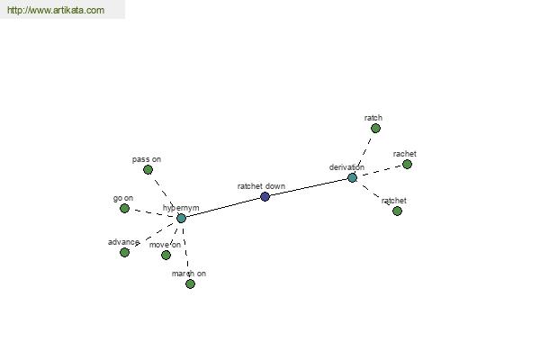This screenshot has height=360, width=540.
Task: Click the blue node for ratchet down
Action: point(265,197)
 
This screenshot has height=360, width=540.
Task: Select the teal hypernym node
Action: point(181,218)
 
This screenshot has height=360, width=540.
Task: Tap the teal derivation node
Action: point(352,178)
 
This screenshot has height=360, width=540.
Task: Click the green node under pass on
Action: point(148,169)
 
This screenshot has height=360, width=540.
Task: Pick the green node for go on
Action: point(125,209)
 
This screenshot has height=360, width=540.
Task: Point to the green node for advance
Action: point(125,253)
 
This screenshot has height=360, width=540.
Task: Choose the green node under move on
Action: point(166,255)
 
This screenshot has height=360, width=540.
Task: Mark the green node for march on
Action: point(190,283)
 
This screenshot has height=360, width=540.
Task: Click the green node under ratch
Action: point(375,129)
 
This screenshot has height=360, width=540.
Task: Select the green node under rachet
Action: point(407,165)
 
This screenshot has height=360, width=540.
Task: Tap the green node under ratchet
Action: point(397,211)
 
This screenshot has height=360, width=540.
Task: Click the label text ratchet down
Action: point(261,186)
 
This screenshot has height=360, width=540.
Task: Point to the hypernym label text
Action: point(181,208)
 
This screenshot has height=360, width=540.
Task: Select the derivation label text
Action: point(346,167)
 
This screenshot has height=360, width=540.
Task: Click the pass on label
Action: point(147,159)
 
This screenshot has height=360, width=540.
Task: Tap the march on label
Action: point(189,274)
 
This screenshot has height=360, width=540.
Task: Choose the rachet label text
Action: point(405,154)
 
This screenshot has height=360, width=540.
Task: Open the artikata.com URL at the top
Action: point(56,10)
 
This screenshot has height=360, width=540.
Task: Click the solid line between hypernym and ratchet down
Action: point(223,207)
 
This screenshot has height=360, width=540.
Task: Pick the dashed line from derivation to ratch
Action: point(364,154)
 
